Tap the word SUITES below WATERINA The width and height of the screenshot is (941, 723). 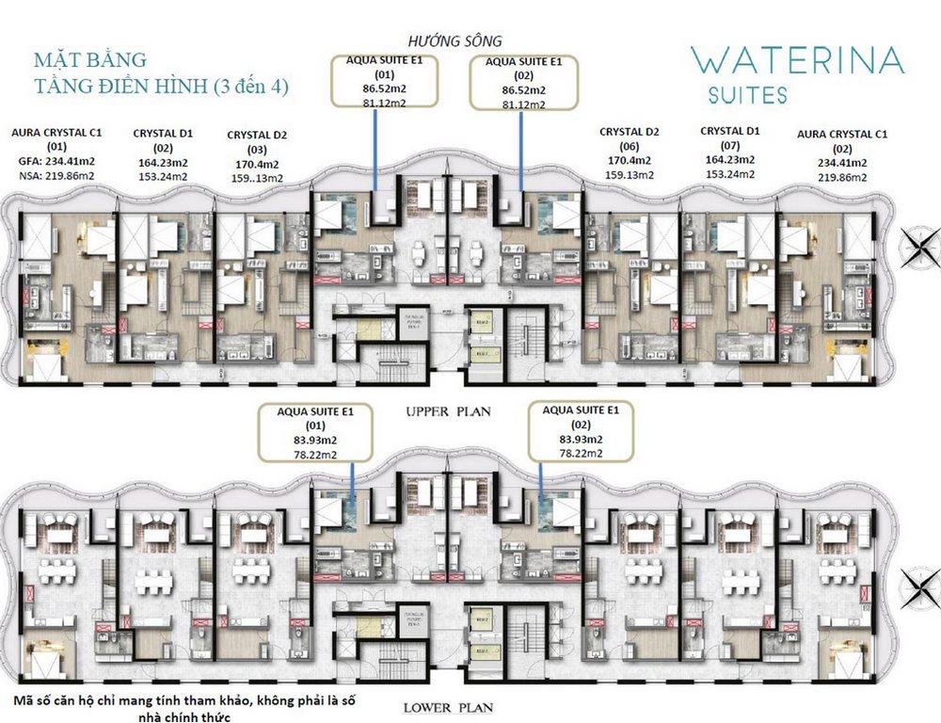(749, 95)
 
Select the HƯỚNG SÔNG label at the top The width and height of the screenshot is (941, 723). (455, 40)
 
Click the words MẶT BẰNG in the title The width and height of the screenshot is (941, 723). (90, 60)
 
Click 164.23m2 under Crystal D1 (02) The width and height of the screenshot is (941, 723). (164, 161)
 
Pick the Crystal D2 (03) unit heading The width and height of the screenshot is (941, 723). (257, 136)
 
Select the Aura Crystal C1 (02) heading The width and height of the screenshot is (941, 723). (842, 135)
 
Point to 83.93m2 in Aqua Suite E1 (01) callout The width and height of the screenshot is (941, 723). (310, 440)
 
